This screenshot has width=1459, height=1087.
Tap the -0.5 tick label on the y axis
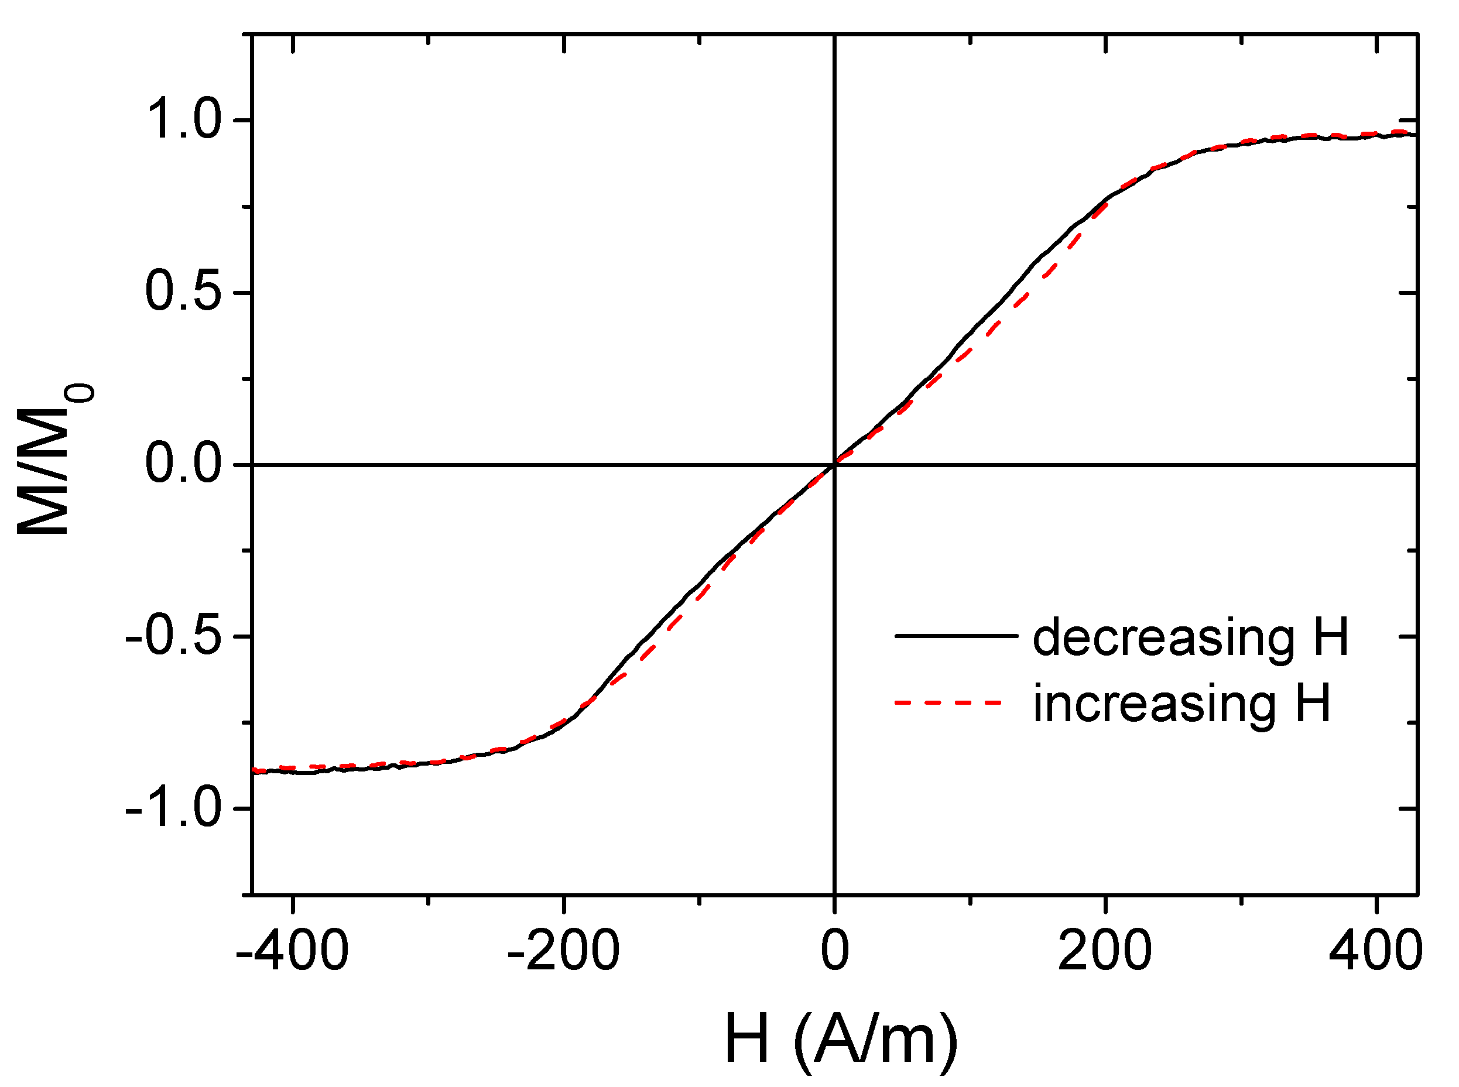pyautogui.click(x=172, y=636)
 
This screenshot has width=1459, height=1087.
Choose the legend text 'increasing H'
pyautogui.click(x=1182, y=704)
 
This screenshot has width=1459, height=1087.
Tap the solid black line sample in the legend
pyautogui.click(x=955, y=636)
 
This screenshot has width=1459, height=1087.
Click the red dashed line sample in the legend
pyautogui.click(x=948, y=703)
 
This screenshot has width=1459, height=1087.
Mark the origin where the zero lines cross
pyautogui.click(x=834, y=465)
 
